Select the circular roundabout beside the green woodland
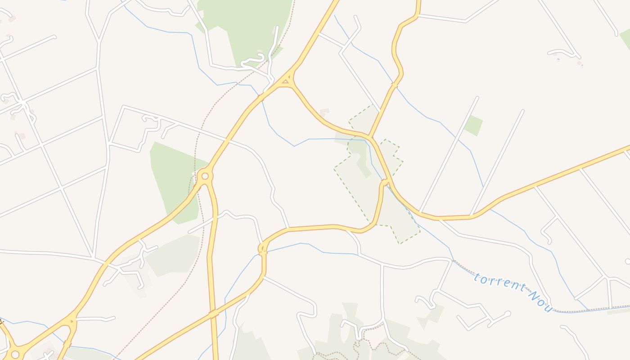pos(205,176)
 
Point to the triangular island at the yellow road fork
pos(285,81)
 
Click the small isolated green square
pos(473,125)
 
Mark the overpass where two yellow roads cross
pos(214,314)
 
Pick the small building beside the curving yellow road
pos(324,112)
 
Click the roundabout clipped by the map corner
pos(14,355)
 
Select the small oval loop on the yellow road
pos(263,248)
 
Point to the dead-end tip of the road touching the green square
pos(477,98)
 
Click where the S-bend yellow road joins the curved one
pos(370,136)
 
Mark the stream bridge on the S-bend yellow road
pos(395,84)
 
